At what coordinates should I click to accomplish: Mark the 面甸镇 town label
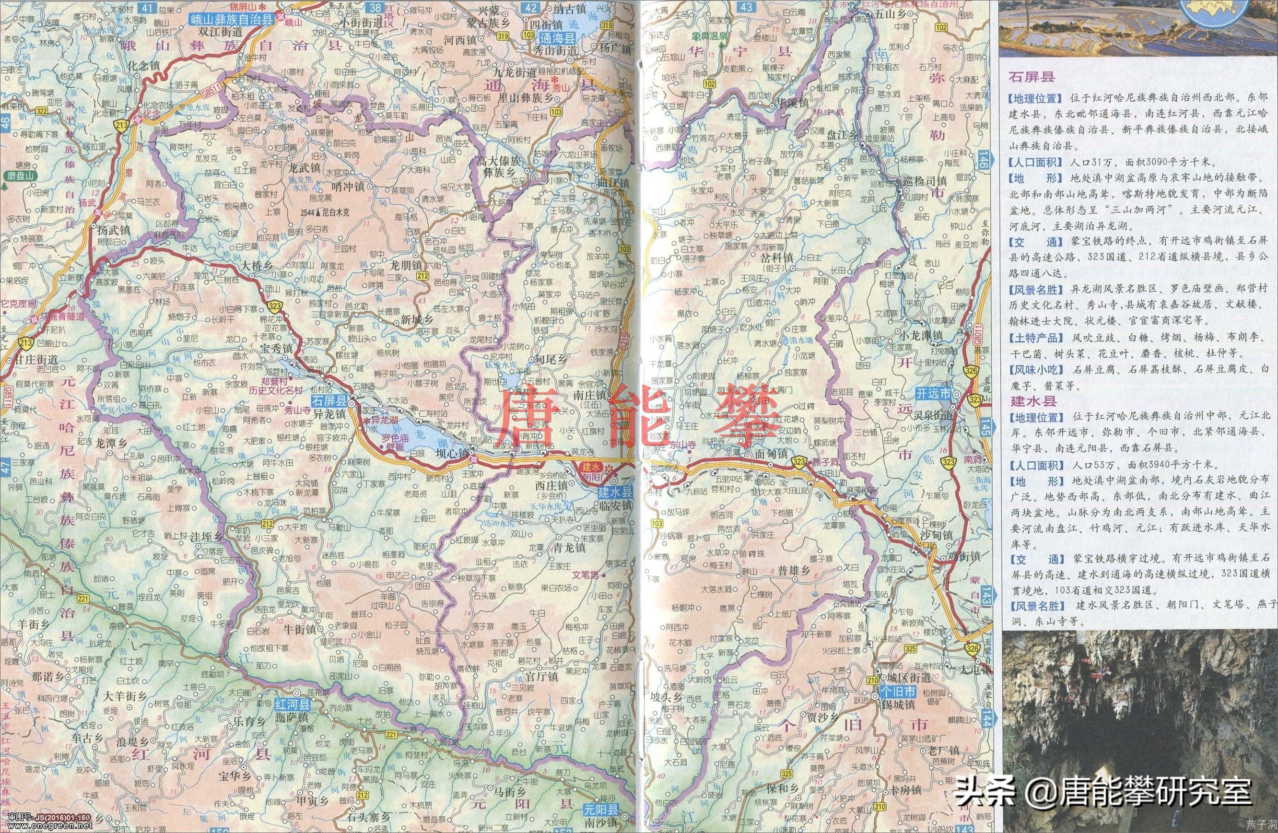[771, 454]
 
